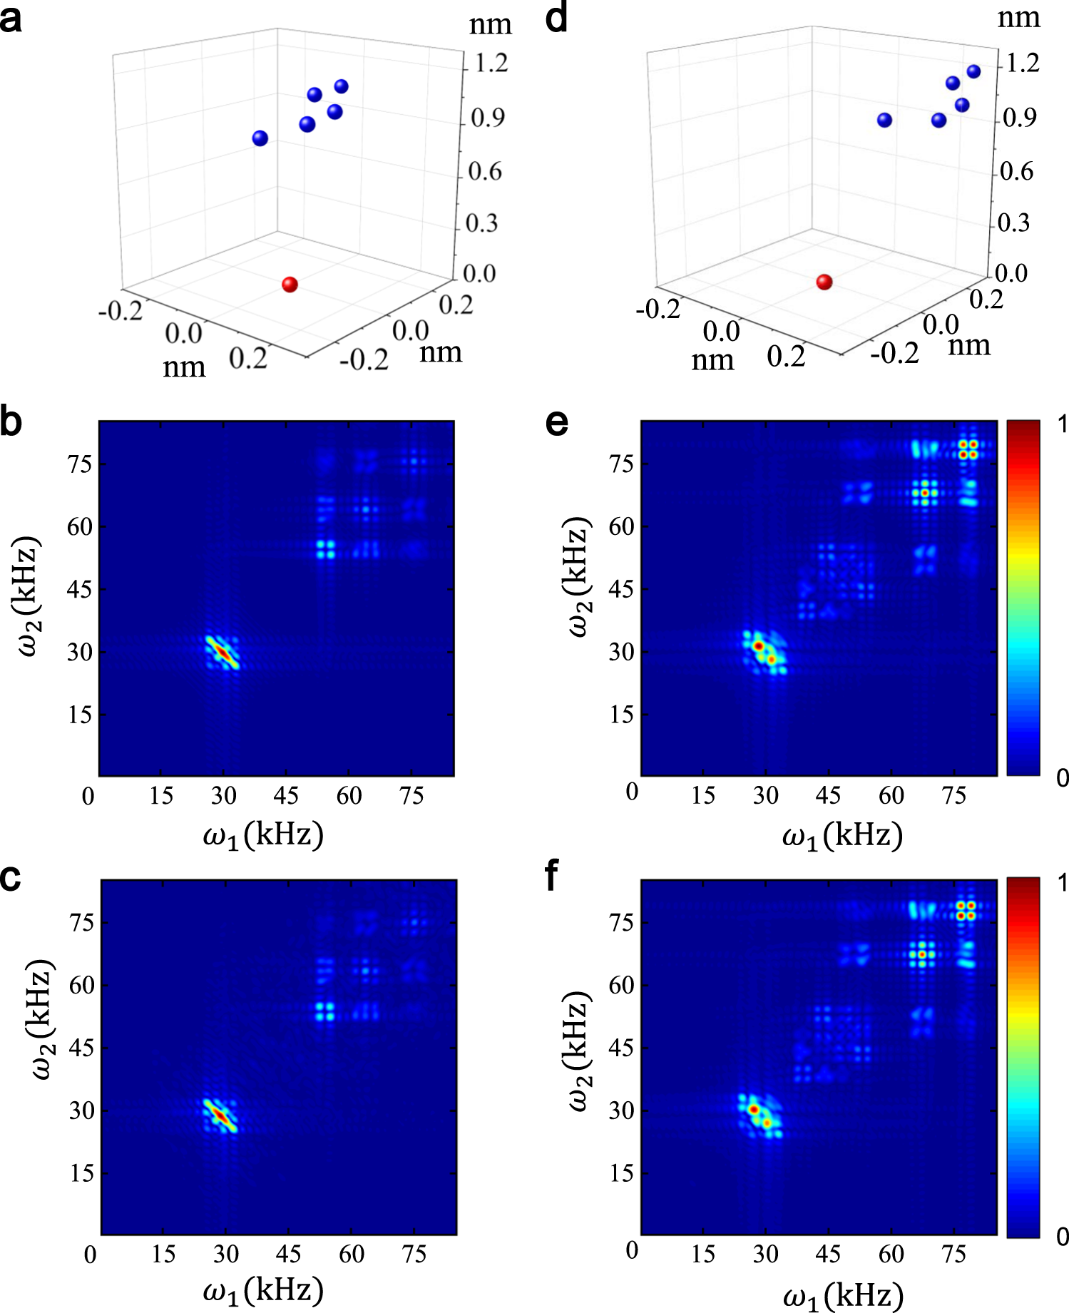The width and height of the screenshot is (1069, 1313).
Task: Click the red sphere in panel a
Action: pyautogui.click(x=290, y=285)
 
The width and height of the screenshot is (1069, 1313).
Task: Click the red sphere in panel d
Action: pyautogui.click(x=824, y=282)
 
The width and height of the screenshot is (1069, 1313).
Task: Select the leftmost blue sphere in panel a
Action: pyautogui.click(x=260, y=138)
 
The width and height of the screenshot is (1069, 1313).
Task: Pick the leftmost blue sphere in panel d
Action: pyautogui.click(x=884, y=120)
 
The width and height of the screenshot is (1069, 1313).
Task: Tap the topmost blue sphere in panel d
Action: pyautogui.click(x=973, y=71)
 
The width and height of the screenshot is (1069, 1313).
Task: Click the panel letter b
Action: pyautogui.click(x=11, y=422)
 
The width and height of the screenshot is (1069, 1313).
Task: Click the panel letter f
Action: pyautogui.click(x=551, y=877)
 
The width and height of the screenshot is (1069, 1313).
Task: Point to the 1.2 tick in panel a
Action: pyautogui.click(x=491, y=64)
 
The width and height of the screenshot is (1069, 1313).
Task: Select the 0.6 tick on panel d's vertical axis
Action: pyautogui.click(x=1016, y=171)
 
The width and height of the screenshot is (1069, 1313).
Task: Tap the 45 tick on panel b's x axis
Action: pyautogui.click(x=286, y=796)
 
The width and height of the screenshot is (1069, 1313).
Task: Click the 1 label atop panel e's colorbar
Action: pyautogui.click(x=1061, y=425)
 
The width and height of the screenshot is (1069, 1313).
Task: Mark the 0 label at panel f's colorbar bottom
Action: pyautogui.click(x=1061, y=1237)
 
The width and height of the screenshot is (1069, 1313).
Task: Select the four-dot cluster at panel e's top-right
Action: pyautogui.click(x=968, y=449)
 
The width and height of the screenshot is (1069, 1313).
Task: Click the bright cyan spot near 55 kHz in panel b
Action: pyautogui.click(x=325, y=549)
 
